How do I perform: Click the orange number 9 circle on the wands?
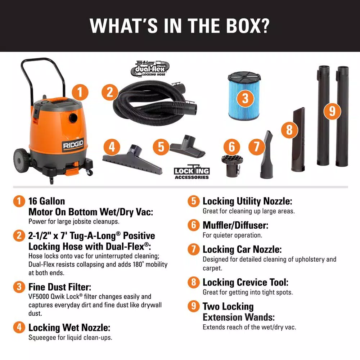pyautogui.click(x=332, y=111)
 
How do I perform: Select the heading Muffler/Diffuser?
pyautogui.click(x=235, y=225)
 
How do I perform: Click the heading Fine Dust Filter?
pyautogui.click(x=60, y=287)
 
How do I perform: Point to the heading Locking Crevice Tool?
pyautogui.click(x=245, y=282)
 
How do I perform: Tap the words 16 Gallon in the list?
pyautogui.click(x=46, y=201)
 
